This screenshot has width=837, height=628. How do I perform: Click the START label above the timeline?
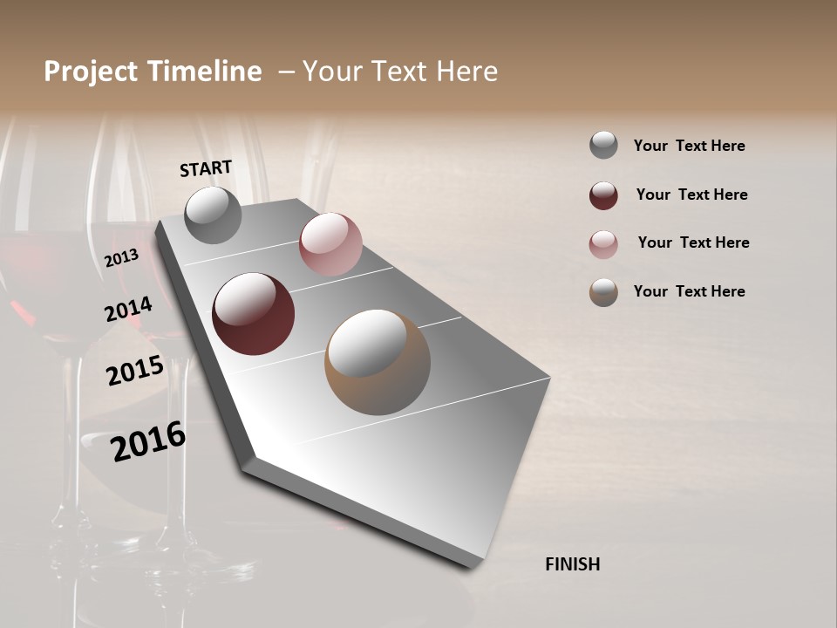[x=206, y=168]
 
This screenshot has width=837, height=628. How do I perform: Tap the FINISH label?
[x=572, y=564]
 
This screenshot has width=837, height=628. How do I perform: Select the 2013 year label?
[x=122, y=258]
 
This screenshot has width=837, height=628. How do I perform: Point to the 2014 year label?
[x=128, y=309]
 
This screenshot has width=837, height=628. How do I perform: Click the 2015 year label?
[x=134, y=371]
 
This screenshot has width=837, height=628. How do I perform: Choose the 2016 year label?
[x=148, y=441]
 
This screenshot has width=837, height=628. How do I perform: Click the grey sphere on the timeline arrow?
[x=213, y=215]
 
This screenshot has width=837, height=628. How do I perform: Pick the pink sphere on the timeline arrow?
[x=330, y=244]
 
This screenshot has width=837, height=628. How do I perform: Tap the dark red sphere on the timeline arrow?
[x=253, y=314]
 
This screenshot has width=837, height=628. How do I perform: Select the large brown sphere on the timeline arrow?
[x=378, y=362]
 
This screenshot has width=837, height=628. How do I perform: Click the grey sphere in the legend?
[x=603, y=145]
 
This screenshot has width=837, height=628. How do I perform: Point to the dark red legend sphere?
[x=603, y=195]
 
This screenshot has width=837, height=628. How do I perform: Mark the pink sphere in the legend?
[x=603, y=244]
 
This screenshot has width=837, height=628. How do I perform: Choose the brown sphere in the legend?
[x=603, y=292]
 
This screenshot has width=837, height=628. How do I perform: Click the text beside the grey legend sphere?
[x=689, y=146]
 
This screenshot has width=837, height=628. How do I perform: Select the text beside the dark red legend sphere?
[x=691, y=195]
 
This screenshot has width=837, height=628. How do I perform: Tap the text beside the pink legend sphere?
[x=693, y=242]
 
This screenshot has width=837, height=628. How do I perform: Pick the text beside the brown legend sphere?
[x=689, y=291]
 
